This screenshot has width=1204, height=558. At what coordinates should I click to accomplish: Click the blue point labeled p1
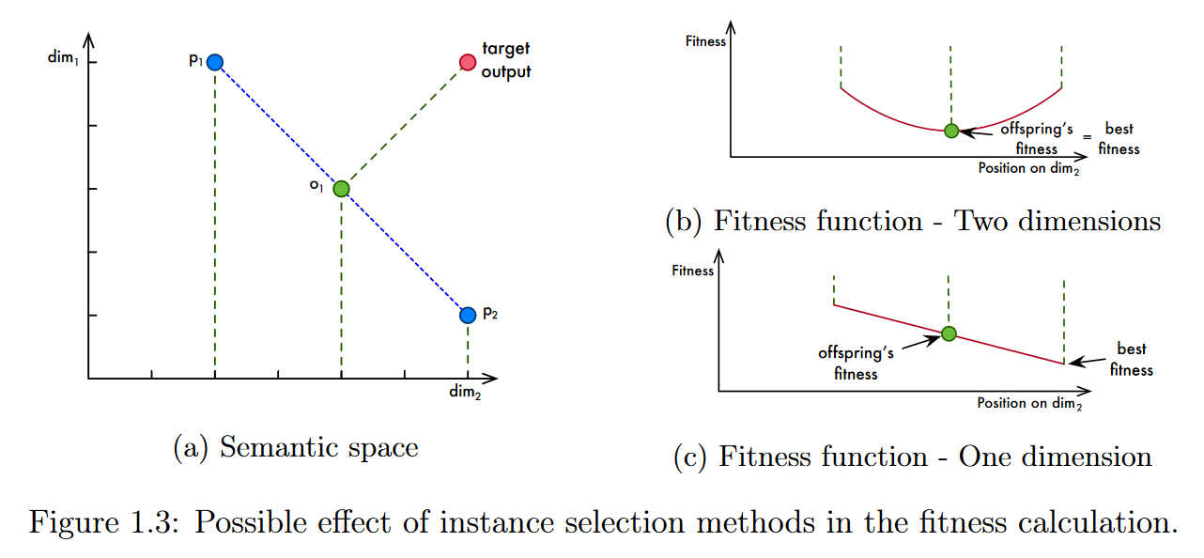coord(215,63)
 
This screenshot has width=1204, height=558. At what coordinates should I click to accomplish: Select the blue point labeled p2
coord(468,315)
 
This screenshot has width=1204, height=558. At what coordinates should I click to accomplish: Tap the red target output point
coord(468,63)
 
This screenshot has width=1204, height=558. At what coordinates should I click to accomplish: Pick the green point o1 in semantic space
coord(341,189)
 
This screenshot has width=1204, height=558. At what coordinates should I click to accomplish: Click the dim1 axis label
coord(63,58)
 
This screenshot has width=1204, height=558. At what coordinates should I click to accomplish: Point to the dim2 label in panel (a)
coord(465,392)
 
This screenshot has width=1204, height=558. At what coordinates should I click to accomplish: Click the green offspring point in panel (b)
coord(951,131)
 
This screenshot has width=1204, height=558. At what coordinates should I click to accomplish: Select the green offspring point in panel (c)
coord(949,333)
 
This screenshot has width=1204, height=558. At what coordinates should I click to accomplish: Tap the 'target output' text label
coord(506,60)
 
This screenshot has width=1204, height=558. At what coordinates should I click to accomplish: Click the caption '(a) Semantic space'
coord(296,447)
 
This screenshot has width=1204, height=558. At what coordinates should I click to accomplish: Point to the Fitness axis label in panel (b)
coord(705,41)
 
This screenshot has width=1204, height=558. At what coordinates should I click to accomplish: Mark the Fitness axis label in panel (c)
coord(693,271)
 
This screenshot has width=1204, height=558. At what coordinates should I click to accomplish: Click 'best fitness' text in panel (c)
coord(1131,358)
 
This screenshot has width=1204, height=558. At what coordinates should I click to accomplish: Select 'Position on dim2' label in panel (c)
coord(1029,403)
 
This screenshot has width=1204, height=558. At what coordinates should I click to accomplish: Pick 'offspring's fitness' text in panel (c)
coord(855,363)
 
